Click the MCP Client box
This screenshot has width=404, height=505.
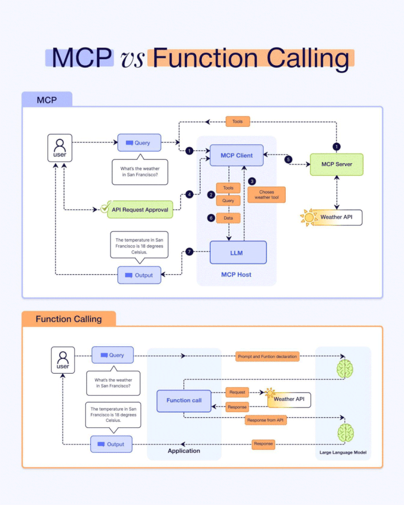[x=237, y=155]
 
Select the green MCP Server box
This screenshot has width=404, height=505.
[x=337, y=164]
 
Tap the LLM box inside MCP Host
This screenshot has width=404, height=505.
[x=238, y=252]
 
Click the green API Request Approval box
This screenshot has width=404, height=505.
[x=140, y=209]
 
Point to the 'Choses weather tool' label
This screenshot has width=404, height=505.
[x=266, y=194]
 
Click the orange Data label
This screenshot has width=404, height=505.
[x=228, y=218]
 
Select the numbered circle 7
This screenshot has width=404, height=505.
[x=189, y=251]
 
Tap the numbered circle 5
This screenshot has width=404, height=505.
[x=288, y=160]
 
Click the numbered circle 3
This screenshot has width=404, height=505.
[x=252, y=181]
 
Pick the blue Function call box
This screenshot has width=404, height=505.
[x=184, y=400]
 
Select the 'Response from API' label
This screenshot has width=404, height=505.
[x=265, y=420]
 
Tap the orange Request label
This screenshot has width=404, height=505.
[x=237, y=392]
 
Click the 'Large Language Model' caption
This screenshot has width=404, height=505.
[x=343, y=452]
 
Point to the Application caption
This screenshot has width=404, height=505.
[x=184, y=450]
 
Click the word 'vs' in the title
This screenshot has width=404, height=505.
[x=132, y=59]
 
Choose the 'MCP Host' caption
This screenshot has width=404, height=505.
[x=236, y=275]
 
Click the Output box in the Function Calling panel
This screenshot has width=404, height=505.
[x=112, y=444]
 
